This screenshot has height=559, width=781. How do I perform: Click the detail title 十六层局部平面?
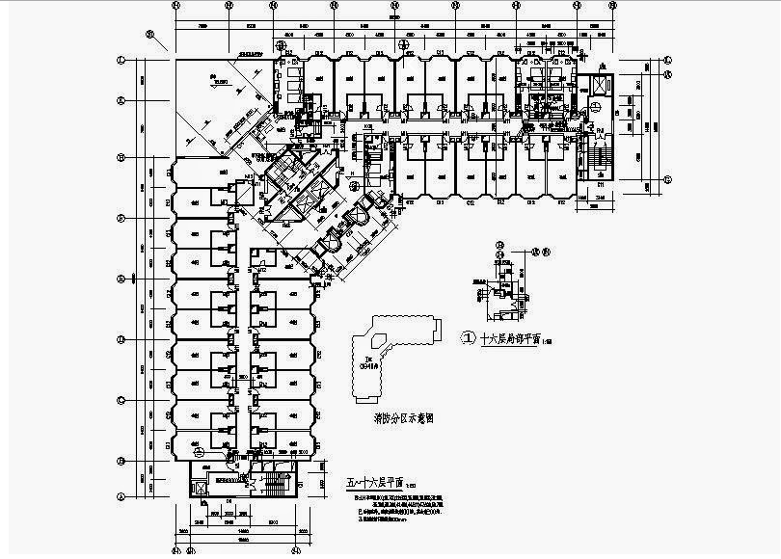coord(503,338)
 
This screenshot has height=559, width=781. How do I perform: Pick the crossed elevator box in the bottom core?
coord(201,487)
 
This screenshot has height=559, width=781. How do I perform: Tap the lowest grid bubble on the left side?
coord(121,497)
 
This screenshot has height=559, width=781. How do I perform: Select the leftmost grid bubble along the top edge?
coord(175,5)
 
